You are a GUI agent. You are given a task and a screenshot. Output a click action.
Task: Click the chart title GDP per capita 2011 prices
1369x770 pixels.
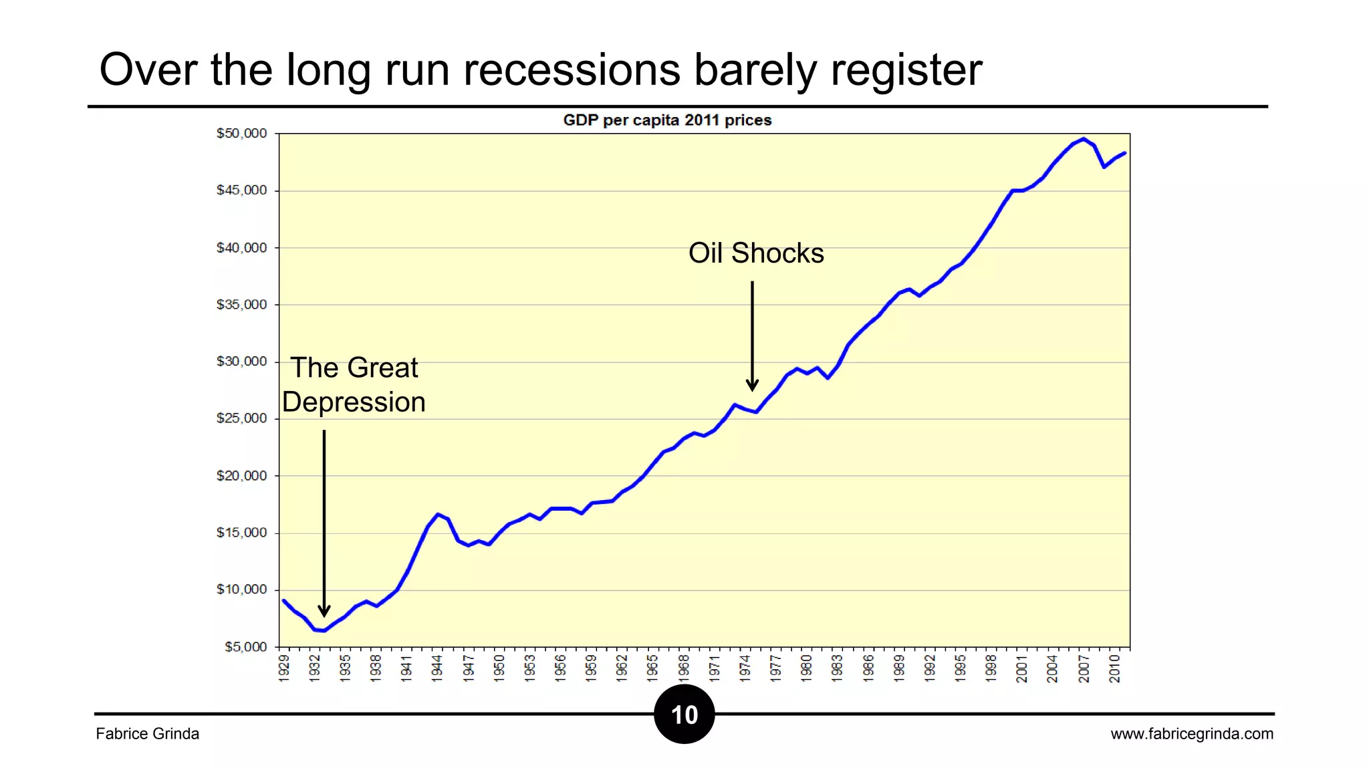(x=667, y=120)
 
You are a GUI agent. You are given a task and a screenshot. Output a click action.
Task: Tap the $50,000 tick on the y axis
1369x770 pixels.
(x=241, y=134)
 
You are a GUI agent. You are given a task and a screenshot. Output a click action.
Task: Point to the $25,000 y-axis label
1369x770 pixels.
(x=241, y=418)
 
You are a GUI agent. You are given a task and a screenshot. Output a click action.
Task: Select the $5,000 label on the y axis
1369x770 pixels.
(x=245, y=647)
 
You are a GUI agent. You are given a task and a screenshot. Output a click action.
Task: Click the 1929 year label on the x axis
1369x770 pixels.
(x=284, y=668)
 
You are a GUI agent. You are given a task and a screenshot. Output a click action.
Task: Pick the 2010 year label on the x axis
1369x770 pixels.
(x=1115, y=668)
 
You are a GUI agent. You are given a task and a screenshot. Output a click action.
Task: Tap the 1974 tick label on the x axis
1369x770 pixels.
(x=745, y=668)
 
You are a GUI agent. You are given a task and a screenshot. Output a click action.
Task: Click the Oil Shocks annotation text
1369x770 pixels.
(x=756, y=253)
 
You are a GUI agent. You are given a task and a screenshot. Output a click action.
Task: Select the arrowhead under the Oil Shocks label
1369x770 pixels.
(x=752, y=386)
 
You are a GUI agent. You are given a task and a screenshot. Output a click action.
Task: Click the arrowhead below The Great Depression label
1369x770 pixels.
(x=324, y=611)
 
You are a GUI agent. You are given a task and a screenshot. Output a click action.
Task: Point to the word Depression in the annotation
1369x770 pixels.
(x=354, y=402)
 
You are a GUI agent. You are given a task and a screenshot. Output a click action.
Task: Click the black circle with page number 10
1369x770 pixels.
(x=684, y=715)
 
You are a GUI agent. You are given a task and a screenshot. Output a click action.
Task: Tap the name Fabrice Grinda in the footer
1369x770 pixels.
(x=147, y=734)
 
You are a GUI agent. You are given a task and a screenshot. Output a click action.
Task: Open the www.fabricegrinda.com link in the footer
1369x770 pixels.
(x=1192, y=734)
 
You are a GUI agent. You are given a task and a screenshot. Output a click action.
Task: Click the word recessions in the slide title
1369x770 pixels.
(x=572, y=70)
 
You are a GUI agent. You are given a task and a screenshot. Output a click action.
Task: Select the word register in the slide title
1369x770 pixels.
(x=906, y=70)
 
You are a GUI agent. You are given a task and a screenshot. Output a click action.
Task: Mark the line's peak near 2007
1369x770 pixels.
(x=1084, y=139)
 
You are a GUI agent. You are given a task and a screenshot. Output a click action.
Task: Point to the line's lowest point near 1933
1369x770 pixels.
(x=324, y=630)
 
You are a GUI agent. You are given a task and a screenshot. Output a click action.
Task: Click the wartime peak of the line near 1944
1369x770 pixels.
(x=438, y=514)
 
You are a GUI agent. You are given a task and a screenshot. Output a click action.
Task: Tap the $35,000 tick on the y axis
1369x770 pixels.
(x=241, y=305)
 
